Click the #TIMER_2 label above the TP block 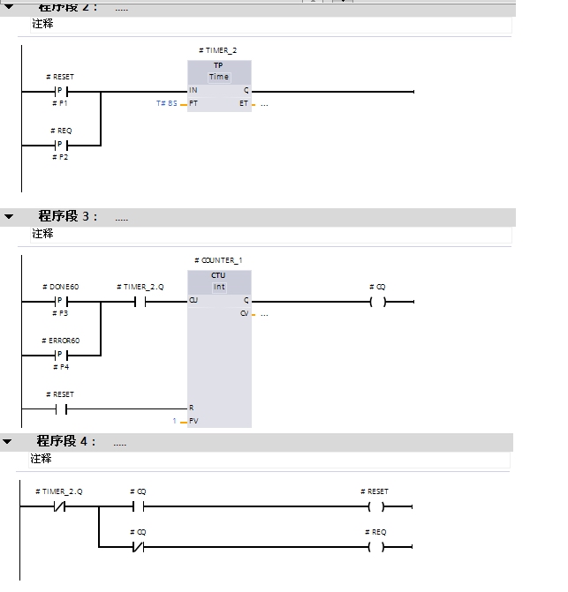(x=218, y=51)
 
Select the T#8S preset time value (x=166, y=104)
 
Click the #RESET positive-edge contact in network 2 (x=63, y=91)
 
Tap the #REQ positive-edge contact (x=61, y=145)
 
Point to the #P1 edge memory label (x=60, y=104)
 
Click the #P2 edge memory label (x=60, y=157)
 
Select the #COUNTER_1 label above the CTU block (x=218, y=261)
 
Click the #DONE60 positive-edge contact (x=61, y=301)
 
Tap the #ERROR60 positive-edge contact (x=61, y=355)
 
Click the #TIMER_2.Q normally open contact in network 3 (x=139, y=301)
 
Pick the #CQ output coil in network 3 (x=377, y=301)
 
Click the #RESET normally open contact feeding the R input (x=61, y=408)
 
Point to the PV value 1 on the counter (x=175, y=422)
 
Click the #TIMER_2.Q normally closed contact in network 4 (x=60, y=507)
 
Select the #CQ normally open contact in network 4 (x=138, y=507)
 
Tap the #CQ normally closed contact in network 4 (x=138, y=546)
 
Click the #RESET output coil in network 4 (x=377, y=507)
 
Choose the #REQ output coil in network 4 (x=377, y=546)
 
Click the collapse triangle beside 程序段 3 (x=9, y=216)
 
